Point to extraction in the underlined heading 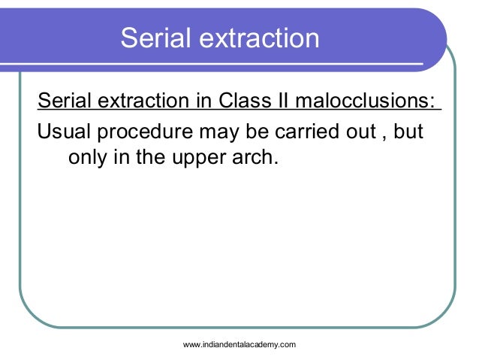coord(143,101)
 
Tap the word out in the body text coord(361,133)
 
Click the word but coord(409,133)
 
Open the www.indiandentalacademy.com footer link coord(239,344)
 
